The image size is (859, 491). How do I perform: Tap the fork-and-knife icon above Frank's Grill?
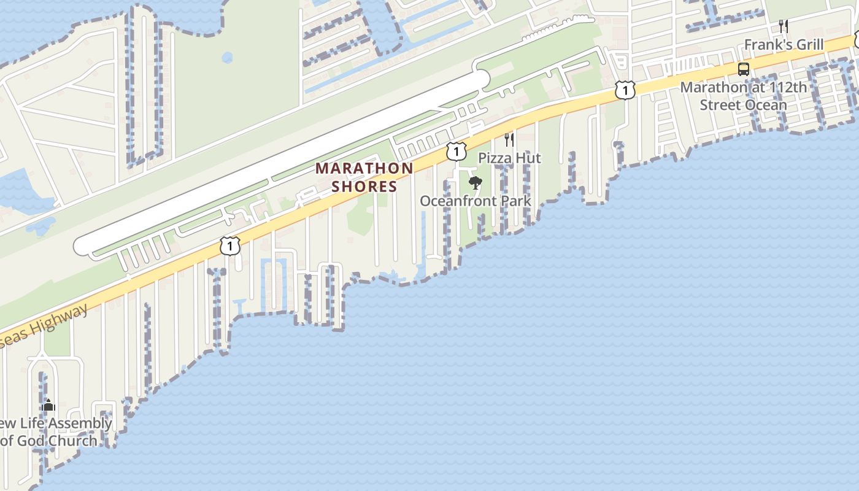click(783, 26)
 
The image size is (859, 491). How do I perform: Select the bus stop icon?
click(744, 69)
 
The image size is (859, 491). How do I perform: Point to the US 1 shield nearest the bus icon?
click(625, 91)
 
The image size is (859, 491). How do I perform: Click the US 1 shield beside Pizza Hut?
click(456, 150)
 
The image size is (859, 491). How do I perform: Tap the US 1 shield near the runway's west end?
click(229, 245)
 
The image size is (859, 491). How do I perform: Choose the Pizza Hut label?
click(509, 158)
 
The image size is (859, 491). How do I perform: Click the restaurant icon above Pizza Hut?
click(509, 139)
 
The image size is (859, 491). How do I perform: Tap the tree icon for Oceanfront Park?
click(475, 182)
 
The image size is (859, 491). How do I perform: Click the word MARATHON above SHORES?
click(364, 168)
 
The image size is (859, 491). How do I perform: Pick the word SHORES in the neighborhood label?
click(364, 186)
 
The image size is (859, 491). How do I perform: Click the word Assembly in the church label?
click(80, 423)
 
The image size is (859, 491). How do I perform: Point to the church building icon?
click(48, 405)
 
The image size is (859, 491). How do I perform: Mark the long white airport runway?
click(282, 163)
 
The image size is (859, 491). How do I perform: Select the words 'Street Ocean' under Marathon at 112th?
click(743, 105)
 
